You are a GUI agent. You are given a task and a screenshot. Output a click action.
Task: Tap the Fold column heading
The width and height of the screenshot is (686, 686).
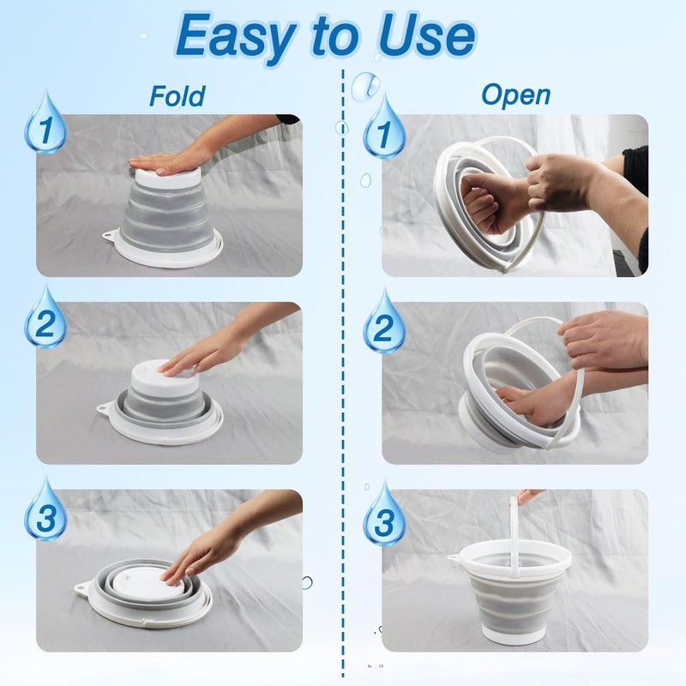click(x=178, y=96)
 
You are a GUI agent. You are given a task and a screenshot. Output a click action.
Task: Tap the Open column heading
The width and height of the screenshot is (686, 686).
click(x=516, y=96)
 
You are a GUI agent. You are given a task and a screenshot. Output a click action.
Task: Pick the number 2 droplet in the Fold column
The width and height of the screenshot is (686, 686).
click(x=45, y=318)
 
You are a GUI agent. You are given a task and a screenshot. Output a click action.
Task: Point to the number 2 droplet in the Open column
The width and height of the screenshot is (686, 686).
click(x=384, y=323)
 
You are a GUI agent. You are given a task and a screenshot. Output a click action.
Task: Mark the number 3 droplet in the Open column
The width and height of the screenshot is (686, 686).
click(x=384, y=515)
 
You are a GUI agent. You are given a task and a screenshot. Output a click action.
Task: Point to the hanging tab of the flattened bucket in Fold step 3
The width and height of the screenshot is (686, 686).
click(x=83, y=587)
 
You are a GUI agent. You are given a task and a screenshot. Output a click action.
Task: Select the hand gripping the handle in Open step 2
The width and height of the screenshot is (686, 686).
click(x=599, y=339)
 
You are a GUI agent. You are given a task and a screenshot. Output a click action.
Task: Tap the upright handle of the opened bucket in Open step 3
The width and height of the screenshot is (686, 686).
click(x=514, y=534)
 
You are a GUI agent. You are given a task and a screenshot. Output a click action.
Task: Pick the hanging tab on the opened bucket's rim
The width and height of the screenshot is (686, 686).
click(x=455, y=558)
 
